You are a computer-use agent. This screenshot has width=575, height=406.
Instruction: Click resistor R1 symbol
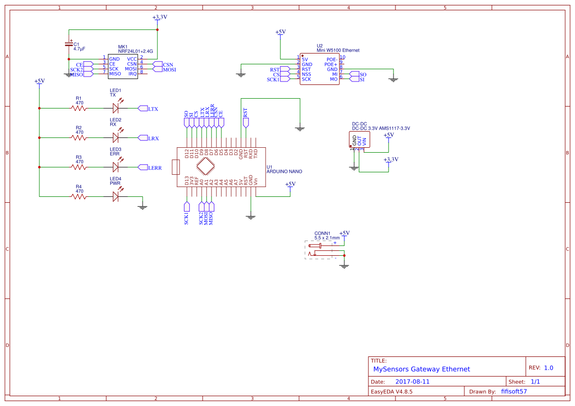tap(79, 108)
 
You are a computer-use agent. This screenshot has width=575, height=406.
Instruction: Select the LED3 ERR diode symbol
tap(116, 167)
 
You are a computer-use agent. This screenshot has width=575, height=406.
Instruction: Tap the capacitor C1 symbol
tap(69, 44)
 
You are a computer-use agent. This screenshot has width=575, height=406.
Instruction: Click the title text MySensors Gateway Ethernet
tap(422, 369)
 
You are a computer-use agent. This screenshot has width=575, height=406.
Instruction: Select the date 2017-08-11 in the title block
tap(412, 381)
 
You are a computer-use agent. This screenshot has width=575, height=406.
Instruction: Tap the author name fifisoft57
tap(514, 392)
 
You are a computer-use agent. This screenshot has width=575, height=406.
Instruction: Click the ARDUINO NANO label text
tap(284, 172)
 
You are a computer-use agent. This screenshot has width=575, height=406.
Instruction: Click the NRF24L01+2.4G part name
tap(135, 51)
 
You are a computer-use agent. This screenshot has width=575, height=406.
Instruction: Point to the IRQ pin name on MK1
tap(132, 74)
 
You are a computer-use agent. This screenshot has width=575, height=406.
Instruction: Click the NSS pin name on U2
tap(306, 74)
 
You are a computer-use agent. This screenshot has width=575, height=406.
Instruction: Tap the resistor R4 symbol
tap(79, 196)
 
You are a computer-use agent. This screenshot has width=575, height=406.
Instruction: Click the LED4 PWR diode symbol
tap(116, 196)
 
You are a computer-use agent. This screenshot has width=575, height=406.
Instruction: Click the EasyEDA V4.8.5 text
tap(392, 392)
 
